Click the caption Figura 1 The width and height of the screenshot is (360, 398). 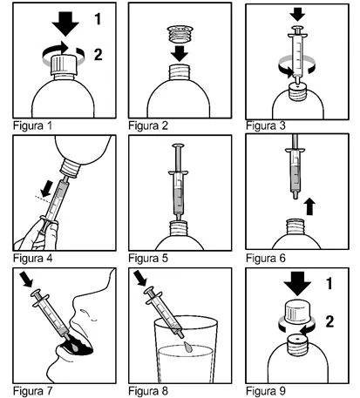click(32, 126)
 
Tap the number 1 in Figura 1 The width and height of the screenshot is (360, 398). click(98, 18)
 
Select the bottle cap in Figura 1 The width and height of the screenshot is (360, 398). click(64, 64)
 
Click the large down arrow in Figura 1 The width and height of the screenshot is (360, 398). click(65, 24)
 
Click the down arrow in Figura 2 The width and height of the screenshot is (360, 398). click(180, 53)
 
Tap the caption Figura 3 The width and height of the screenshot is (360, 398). click(266, 125)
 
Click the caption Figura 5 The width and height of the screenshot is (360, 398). click(148, 258)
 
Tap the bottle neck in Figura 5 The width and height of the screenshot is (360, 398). click(180, 228)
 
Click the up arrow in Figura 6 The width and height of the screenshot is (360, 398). click(310, 206)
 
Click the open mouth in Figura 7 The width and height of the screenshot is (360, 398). click(76, 346)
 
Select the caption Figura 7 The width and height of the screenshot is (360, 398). click(32, 391)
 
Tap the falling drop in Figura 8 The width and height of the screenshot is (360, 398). click(188, 347)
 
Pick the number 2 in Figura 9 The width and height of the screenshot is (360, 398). click(329, 321)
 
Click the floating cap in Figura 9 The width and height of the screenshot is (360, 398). click(297, 312)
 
